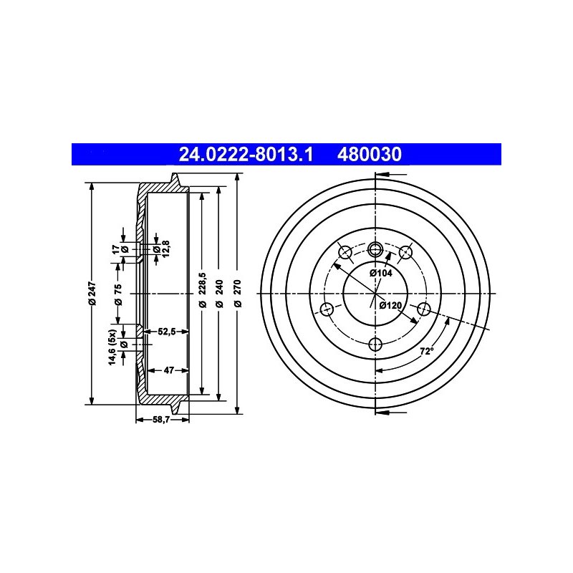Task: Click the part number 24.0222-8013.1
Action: (246, 154)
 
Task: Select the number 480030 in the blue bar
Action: (370, 154)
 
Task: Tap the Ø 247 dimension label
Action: (92, 294)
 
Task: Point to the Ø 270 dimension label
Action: (238, 294)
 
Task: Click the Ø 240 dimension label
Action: (219, 294)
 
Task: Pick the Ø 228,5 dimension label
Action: (203, 289)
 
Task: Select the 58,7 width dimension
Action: (161, 420)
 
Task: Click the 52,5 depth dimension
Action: (167, 332)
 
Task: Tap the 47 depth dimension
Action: (169, 370)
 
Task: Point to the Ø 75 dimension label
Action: (118, 294)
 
